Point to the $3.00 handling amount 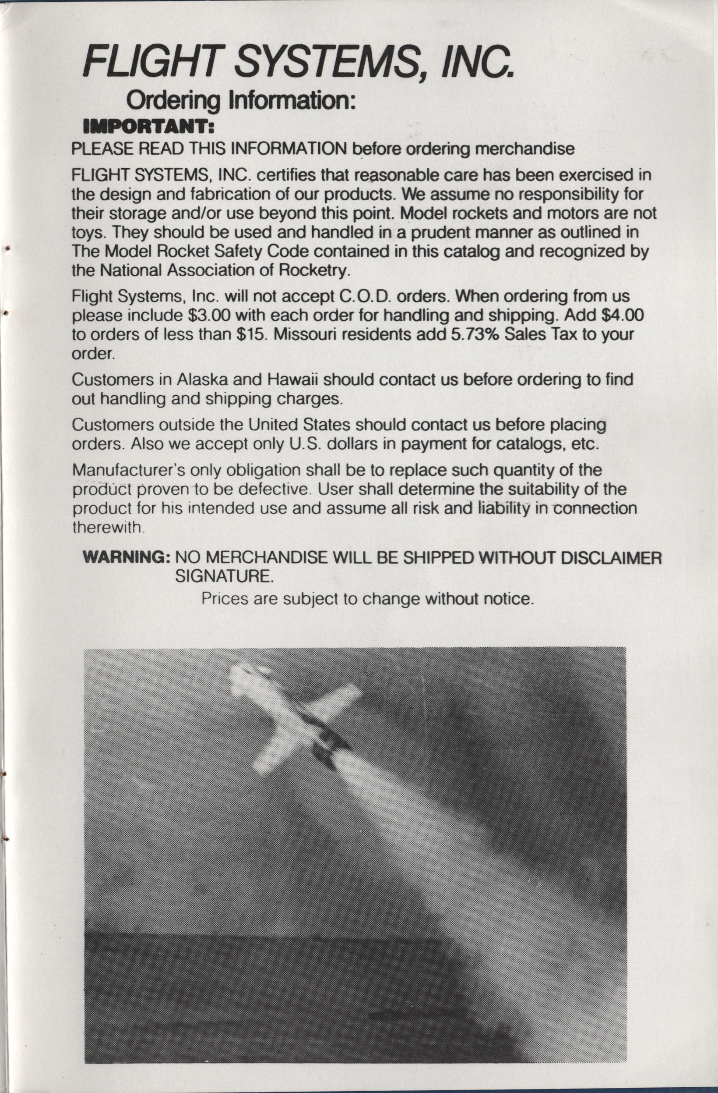coord(209,315)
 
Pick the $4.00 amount coord(619,315)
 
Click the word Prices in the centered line coord(225,598)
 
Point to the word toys coord(89,232)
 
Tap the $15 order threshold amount coord(250,334)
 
